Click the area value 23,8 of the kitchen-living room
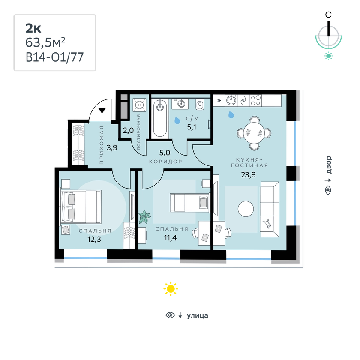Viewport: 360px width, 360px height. coord(248,175)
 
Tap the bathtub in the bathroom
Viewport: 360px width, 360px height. coord(160,118)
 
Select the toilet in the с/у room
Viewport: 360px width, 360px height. coord(200,105)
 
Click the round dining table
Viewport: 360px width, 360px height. coord(254,133)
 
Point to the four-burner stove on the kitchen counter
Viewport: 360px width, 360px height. coord(255,100)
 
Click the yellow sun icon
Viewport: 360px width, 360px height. coord(171,288)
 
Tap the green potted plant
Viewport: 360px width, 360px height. coord(144,216)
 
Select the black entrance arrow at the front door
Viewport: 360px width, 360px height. coord(102,111)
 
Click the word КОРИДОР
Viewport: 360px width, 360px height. coord(165,162)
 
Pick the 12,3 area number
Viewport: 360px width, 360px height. coord(94,240)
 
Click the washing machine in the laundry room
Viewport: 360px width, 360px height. coord(139,105)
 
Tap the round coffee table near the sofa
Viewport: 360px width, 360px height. coord(246,209)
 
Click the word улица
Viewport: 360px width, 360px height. coord(198,315)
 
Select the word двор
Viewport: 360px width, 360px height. coord(329,165)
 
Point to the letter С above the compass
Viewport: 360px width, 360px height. coord(328,15)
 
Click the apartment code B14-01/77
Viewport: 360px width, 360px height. coord(55,57)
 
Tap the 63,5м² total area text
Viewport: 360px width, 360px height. coord(45,42)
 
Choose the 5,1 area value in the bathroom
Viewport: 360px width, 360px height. coord(192,127)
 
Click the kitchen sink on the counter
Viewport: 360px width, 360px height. coord(231,100)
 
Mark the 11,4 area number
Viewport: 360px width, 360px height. coord(171,238)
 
